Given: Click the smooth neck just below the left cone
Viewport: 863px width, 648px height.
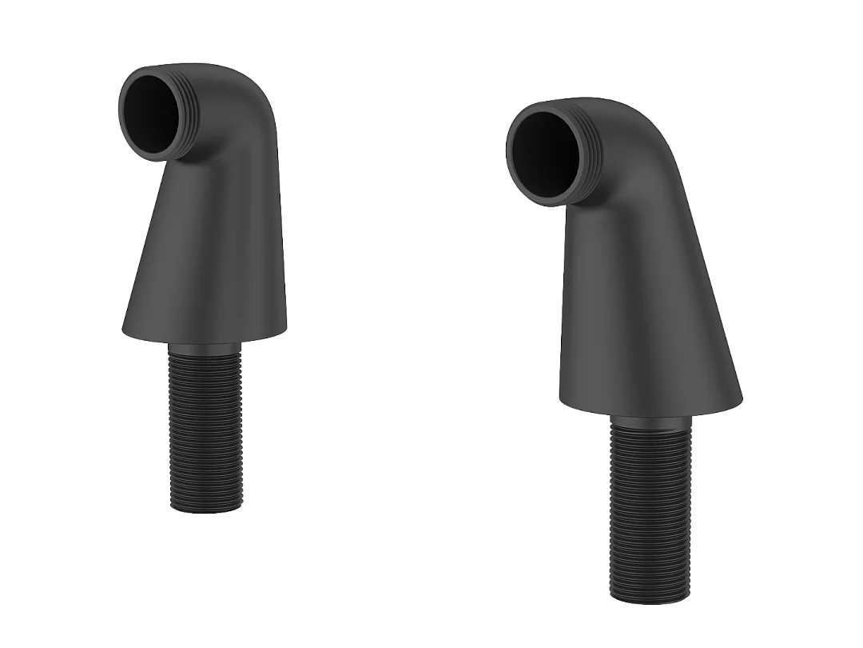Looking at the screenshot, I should click(x=205, y=348).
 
